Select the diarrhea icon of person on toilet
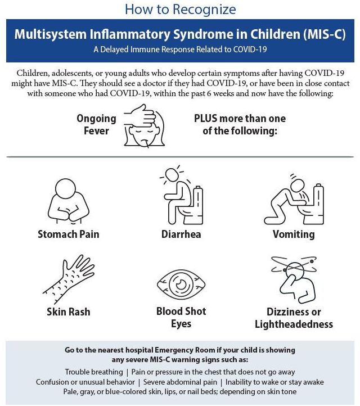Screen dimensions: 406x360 click(181, 196)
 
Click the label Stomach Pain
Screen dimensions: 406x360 click(68, 234)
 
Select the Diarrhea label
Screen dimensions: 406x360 click(181, 234)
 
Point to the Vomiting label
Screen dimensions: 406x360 click(293, 234)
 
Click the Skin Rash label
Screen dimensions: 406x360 click(68, 312)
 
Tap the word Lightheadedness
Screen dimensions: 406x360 click(294, 324)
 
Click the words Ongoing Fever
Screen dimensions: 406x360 click(96, 125)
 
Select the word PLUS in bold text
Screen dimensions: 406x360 click(209, 119)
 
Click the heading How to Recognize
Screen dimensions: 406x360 click(180, 9)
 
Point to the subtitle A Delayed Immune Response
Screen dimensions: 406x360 click(180, 49)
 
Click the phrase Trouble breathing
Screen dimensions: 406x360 click(93, 372)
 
